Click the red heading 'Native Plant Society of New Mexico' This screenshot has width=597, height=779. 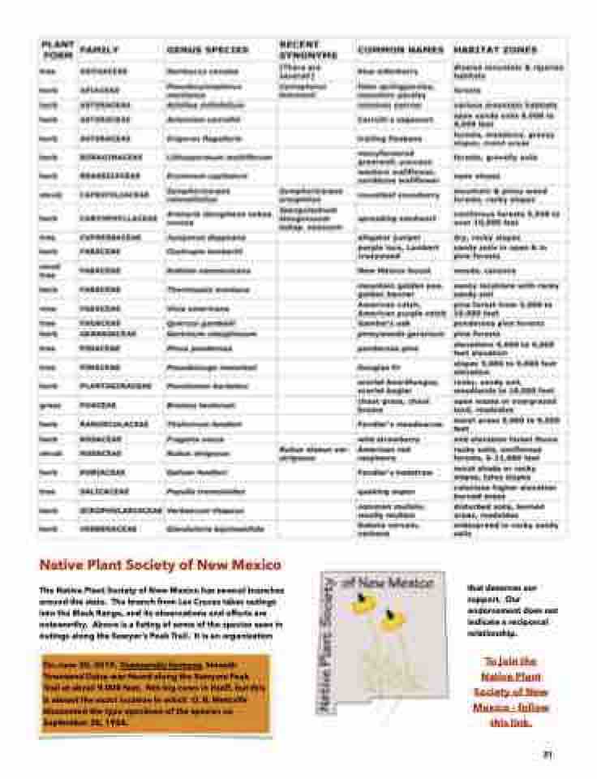(x=161, y=564)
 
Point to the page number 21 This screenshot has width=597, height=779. (x=548, y=754)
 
